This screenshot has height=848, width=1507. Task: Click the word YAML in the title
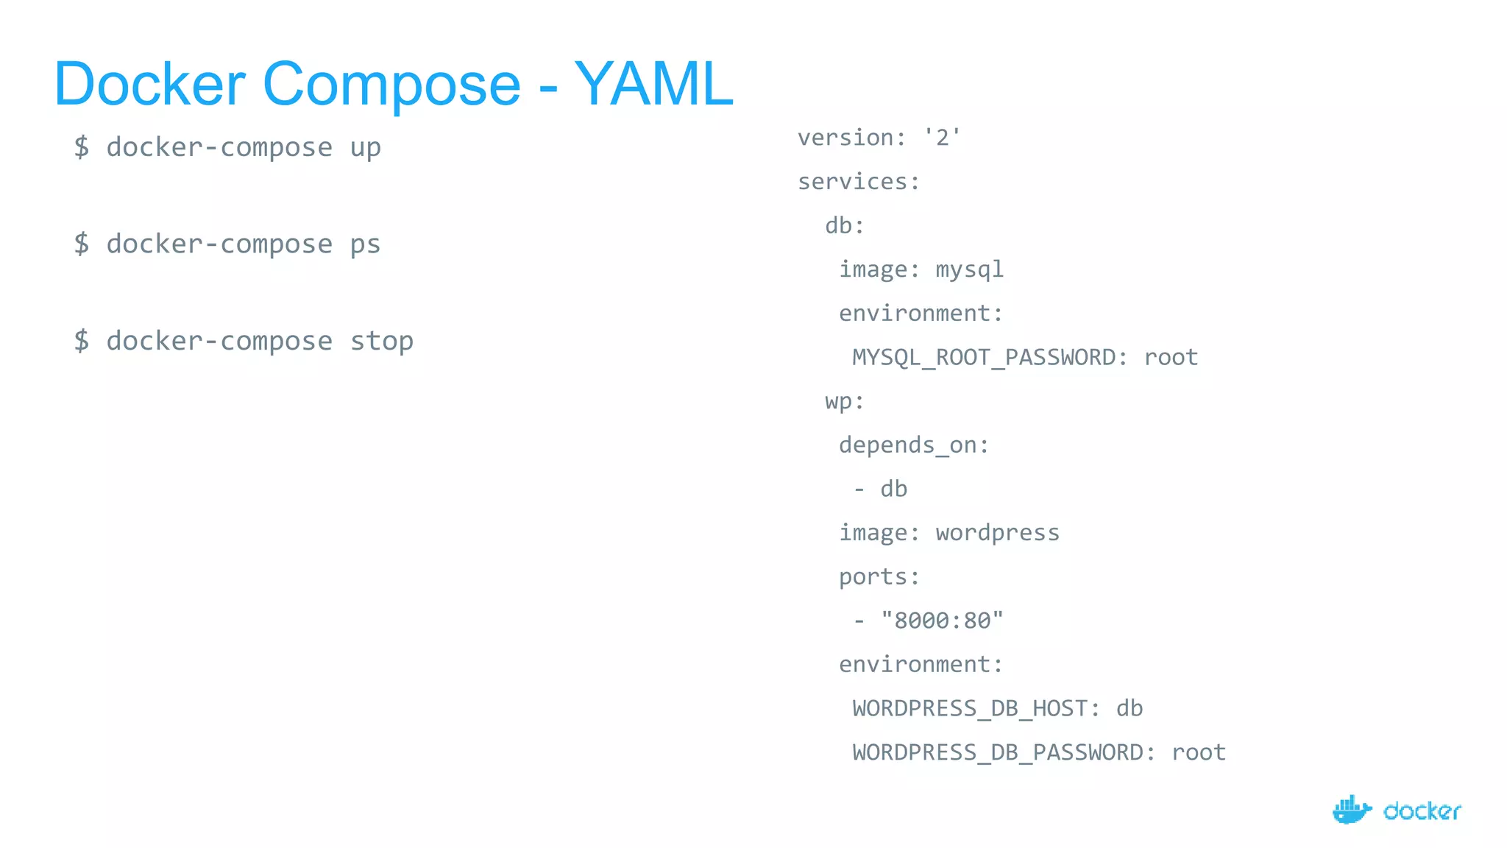653,84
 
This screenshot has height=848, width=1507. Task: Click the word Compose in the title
391,84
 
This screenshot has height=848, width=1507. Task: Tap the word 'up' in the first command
366,148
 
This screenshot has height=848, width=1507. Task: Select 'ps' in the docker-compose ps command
366,244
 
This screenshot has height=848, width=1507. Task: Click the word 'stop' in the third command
381,342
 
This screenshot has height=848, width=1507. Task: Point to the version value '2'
943,138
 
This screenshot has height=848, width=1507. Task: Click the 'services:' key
859,182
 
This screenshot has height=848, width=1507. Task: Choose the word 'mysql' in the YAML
969,270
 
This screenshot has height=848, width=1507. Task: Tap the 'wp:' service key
844,401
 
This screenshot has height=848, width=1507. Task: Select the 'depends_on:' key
914,445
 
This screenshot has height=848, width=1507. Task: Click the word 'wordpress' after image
997,533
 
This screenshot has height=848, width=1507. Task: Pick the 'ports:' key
879,577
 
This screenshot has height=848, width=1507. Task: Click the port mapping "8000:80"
942,621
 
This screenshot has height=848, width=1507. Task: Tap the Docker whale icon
1352,810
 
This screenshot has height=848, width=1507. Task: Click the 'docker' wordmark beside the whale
1422,811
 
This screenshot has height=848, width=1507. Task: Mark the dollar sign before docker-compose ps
82,244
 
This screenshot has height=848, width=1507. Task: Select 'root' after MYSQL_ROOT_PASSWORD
1171,358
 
